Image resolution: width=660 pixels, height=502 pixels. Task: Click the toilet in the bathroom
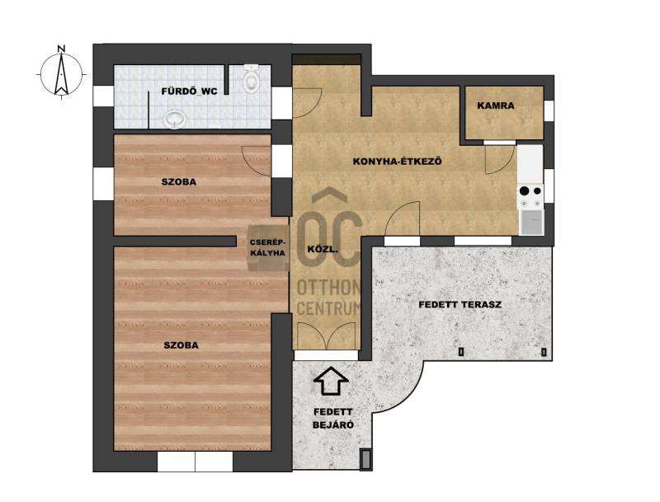[x=252, y=78]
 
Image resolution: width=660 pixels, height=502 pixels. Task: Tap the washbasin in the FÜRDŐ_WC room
[x=175, y=120]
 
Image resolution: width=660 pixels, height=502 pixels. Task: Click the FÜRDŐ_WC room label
[x=190, y=91]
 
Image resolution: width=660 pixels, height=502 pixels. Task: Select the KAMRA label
[x=496, y=106]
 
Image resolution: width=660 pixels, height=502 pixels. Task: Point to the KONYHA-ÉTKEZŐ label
[x=397, y=161]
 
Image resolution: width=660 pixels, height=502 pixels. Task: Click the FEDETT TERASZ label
[x=460, y=304]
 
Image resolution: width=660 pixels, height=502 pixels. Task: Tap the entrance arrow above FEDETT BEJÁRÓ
[x=332, y=381]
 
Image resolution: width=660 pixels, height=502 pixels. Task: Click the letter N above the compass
[x=61, y=49]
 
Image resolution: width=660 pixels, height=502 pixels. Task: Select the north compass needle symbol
[x=61, y=74]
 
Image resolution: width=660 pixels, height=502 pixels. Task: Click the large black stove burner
[x=524, y=191]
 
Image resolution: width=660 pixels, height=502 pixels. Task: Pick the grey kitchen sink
[x=531, y=222]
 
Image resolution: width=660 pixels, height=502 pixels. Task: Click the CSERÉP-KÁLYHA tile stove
[x=267, y=248]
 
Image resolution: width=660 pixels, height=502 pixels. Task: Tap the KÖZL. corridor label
[x=323, y=249]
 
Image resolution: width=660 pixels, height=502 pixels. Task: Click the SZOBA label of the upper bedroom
[x=179, y=182]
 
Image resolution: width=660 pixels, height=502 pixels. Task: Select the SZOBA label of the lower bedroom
[x=181, y=345]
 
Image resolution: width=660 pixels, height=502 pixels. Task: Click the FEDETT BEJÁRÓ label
[x=333, y=419]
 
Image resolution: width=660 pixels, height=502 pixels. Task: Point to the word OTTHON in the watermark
[x=328, y=288]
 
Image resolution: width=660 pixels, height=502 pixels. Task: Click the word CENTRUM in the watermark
[x=328, y=308]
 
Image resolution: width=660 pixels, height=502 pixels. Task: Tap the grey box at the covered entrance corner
[x=366, y=459]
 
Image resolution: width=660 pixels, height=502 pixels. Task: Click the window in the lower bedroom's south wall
[x=195, y=462]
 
